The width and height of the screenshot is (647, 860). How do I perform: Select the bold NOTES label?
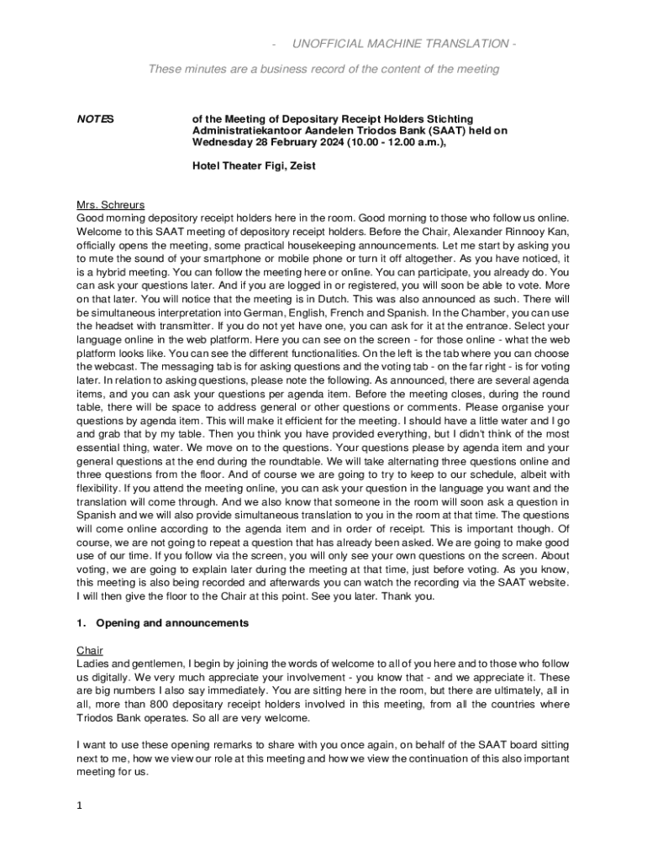point(95,119)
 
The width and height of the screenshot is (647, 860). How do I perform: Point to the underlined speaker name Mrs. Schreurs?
point(110,204)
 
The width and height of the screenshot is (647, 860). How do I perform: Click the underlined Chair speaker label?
point(90,651)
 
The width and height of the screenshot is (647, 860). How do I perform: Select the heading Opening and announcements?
point(172,623)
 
